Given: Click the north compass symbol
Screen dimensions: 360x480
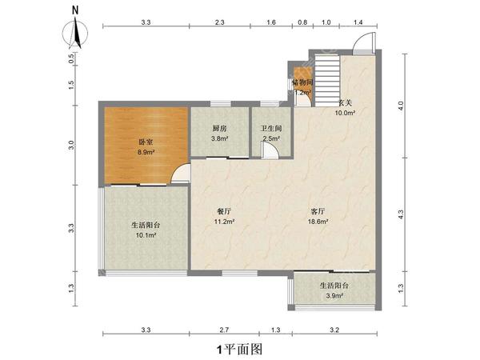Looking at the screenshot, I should [x=74, y=31].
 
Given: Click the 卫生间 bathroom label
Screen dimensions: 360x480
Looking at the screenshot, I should [x=271, y=128].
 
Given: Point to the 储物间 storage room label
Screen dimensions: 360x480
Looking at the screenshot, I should [x=302, y=82].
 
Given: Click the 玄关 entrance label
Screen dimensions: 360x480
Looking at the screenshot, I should [x=345, y=102].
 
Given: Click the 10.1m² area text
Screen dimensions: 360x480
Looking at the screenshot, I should [x=144, y=235].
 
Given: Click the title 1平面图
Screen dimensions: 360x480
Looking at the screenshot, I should [x=239, y=349].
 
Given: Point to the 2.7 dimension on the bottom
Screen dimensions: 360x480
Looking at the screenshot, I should [x=225, y=329].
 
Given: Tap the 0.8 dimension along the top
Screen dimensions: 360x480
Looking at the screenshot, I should [x=302, y=23].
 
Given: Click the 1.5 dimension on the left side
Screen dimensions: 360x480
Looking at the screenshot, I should [x=71, y=86].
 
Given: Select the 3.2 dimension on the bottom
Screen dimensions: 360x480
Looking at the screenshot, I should [x=334, y=329].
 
